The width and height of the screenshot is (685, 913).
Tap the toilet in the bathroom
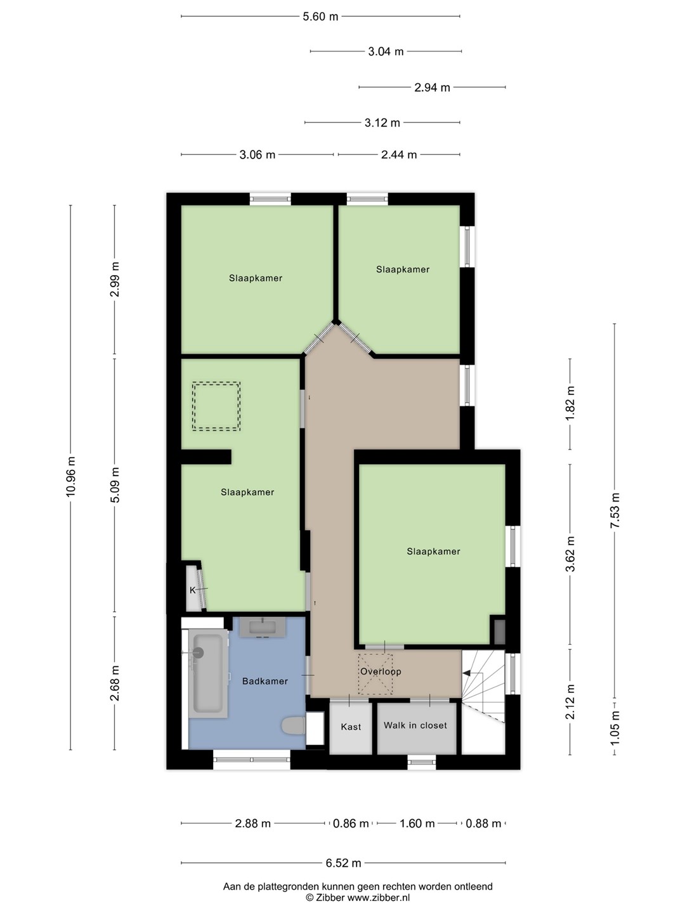294,727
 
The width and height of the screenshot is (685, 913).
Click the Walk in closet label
415,725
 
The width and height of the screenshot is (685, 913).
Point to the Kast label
351,727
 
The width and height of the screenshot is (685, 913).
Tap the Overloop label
381,671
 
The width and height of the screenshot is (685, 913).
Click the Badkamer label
265,681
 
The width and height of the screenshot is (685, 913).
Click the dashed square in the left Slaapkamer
216,406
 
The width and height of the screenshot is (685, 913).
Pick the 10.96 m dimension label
70,476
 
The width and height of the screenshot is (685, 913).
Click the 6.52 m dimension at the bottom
343,863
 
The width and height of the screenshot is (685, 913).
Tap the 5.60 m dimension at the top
320,16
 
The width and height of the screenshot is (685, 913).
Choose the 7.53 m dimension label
615,510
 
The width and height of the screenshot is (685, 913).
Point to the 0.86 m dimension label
351,824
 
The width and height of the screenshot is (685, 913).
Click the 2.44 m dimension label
399,155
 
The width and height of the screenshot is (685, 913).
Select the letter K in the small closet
192,590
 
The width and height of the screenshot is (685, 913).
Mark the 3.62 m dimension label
570,554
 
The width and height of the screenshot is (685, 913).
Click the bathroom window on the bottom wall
252,760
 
